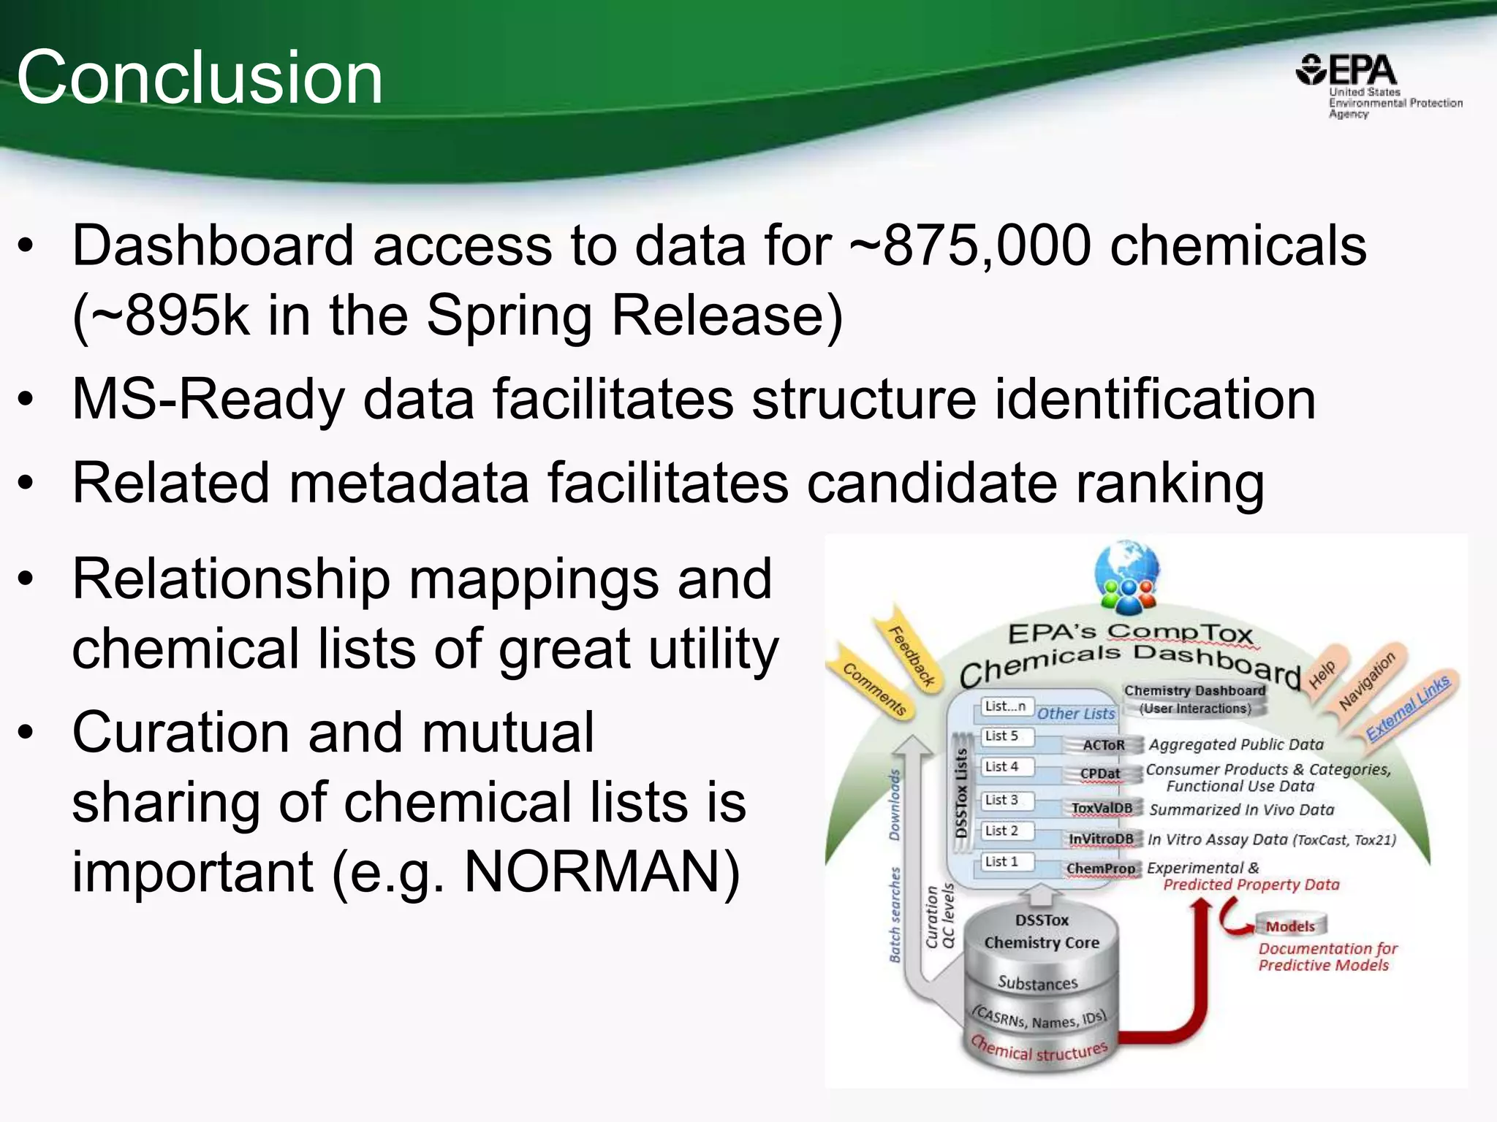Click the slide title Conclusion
200,77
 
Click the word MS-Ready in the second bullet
208,400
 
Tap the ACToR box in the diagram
1103,745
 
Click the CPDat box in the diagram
1100,774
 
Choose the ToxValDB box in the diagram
1102,808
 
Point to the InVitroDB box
1101,839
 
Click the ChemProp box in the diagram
1101,869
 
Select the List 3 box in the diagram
1003,800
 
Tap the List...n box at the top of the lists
1006,706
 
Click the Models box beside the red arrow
1290,926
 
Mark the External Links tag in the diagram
1408,707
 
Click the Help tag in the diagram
1322,673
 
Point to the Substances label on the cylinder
1038,983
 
